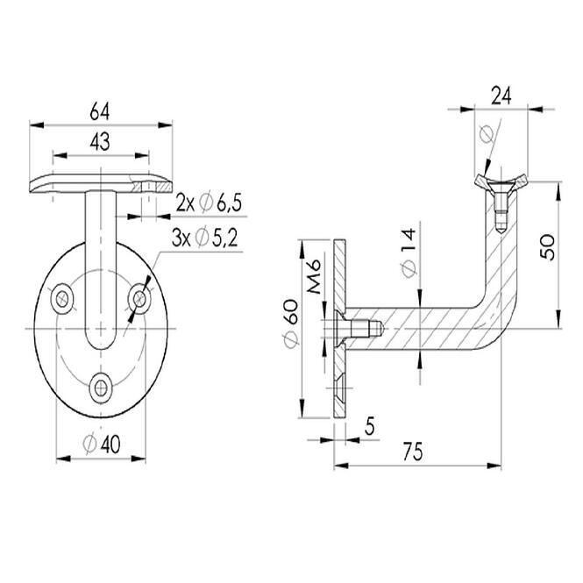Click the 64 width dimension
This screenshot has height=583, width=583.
click(100, 112)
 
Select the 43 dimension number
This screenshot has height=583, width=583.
click(100, 142)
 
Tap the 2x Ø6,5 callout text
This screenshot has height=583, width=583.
click(209, 203)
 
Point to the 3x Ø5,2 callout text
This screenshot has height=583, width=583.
click(204, 238)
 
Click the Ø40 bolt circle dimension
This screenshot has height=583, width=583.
click(102, 444)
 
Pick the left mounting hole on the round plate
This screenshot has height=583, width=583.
click(62, 299)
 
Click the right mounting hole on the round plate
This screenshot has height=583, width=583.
click(139, 298)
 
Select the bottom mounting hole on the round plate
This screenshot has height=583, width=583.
click(101, 389)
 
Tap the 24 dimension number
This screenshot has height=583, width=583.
click(501, 96)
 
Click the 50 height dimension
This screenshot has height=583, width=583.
click(547, 247)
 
